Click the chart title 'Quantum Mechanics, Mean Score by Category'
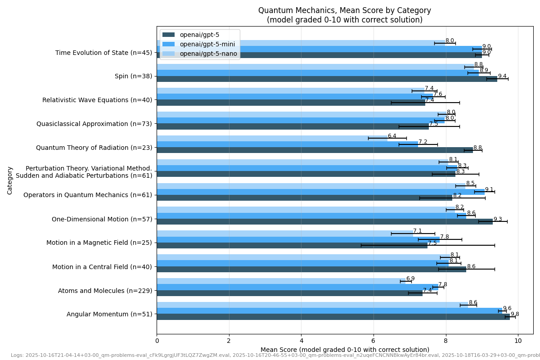[x=344, y=10]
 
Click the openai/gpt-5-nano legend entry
[x=208, y=54]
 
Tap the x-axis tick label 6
[x=373, y=341]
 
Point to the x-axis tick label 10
[x=518, y=341]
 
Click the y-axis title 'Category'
[x=10, y=180]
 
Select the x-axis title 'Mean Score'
[x=344, y=350]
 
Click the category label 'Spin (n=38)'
[x=133, y=76]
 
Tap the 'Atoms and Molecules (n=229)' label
[x=105, y=291]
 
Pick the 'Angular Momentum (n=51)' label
[x=109, y=314]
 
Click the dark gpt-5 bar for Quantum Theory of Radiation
[x=315, y=150]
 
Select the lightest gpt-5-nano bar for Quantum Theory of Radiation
[x=272, y=138]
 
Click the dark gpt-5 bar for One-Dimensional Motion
[x=324, y=222]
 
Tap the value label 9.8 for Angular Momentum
[x=514, y=314]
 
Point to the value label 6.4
[x=392, y=136]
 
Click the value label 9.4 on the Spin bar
[x=502, y=76]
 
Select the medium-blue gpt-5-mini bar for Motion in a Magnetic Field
[x=298, y=239]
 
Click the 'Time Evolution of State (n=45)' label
[x=103, y=53]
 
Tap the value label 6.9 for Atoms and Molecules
[x=410, y=279]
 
